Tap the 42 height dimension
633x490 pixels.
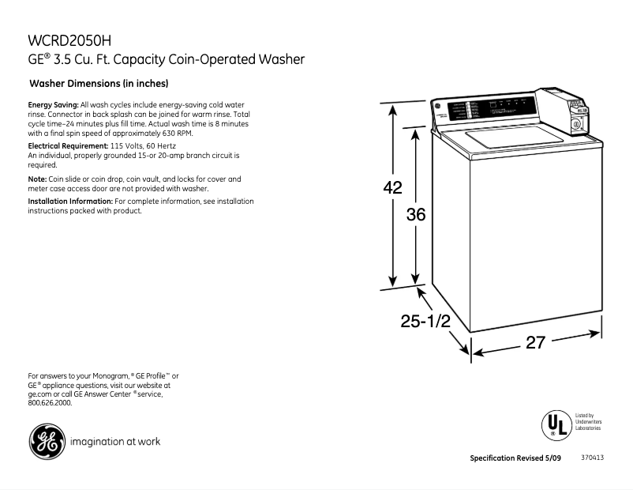(x=392, y=188)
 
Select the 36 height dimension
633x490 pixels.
(x=416, y=213)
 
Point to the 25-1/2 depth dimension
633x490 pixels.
(x=425, y=321)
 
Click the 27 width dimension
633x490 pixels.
(x=535, y=343)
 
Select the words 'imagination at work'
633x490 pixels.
(x=115, y=442)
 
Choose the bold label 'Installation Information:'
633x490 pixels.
(x=70, y=202)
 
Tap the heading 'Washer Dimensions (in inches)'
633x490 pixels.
(x=99, y=83)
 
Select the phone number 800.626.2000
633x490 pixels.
(x=50, y=402)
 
